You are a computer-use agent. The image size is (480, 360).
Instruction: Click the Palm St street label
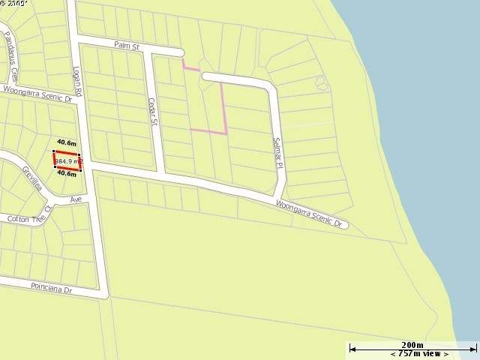coord(127,46)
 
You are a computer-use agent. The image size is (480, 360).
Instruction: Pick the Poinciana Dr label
coord(51,287)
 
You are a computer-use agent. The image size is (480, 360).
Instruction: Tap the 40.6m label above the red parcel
coord(67,142)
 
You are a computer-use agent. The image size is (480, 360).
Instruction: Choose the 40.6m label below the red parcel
coord(67,174)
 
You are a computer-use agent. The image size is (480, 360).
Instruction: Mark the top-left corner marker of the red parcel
coord(54,151)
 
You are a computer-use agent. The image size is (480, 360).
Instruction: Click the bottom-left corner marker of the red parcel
coord(55,167)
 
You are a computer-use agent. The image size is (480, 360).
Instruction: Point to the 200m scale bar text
coord(412,344)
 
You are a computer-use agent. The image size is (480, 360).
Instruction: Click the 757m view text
coord(419,354)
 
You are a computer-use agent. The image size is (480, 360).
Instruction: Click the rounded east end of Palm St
coord(180,52)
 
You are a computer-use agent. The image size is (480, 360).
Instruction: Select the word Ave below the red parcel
coord(76,199)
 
